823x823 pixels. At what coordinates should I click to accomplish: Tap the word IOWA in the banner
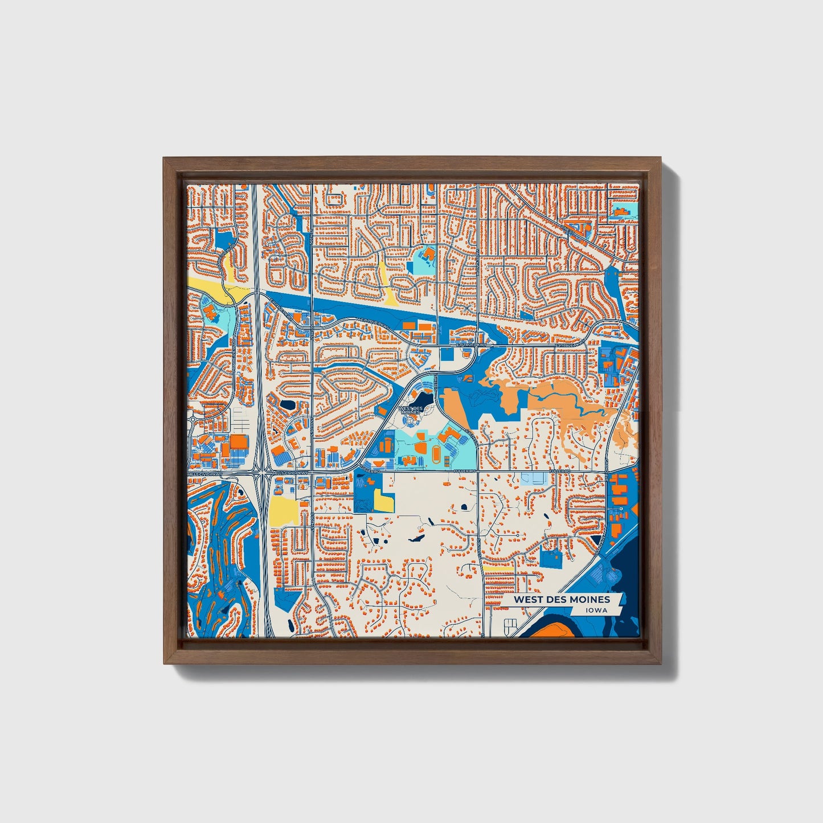[595, 611]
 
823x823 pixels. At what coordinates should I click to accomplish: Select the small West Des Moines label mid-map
[411, 410]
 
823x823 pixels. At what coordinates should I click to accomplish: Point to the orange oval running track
[436, 454]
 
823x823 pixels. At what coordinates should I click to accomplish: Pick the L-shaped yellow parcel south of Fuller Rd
[383, 501]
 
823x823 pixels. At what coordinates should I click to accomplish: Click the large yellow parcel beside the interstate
[284, 510]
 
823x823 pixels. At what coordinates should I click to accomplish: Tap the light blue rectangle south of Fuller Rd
[534, 478]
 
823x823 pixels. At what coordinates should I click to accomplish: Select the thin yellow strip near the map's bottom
[498, 568]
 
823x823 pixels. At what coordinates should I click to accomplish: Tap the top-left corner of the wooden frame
[165, 159]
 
